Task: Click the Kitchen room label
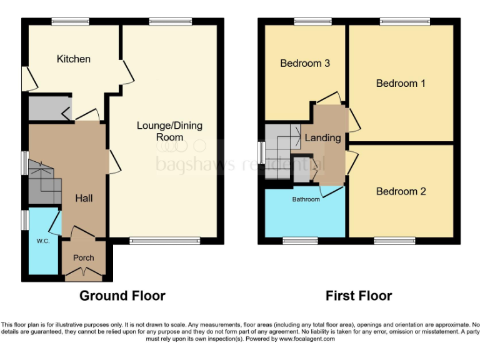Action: [x=74, y=59]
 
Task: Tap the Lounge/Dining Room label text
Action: [x=169, y=131]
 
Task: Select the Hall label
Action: [x=84, y=198]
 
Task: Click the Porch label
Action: [x=84, y=257]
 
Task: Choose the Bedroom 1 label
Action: [x=401, y=83]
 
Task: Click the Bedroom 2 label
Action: [x=401, y=191]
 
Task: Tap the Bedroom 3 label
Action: [x=304, y=63]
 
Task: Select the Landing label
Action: [x=322, y=137]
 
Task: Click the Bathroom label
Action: [x=306, y=199]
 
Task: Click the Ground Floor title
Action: [x=122, y=296]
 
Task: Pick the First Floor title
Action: [x=359, y=296]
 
